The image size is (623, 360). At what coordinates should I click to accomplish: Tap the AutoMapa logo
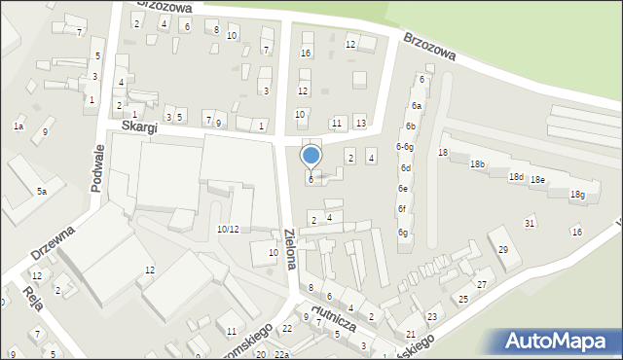(x=560, y=341)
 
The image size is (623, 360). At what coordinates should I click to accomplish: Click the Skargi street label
(x=140, y=127)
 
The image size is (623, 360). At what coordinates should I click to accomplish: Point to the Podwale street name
(x=97, y=170)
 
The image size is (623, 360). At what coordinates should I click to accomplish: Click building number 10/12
(x=228, y=230)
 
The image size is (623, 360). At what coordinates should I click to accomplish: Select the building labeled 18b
(x=477, y=164)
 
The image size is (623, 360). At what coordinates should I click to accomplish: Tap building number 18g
(x=577, y=196)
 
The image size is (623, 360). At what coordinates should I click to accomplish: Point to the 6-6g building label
(x=404, y=147)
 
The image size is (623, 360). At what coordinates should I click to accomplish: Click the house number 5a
(x=42, y=192)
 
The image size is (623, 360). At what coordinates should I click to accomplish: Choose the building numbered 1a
(x=18, y=126)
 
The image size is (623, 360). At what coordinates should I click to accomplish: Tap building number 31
(x=530, y=224)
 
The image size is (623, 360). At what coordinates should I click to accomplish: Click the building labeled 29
(x=502, y=250)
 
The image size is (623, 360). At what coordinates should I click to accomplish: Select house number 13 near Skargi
(x=360, y=123)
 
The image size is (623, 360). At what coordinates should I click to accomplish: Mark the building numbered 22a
(x=281, y=354)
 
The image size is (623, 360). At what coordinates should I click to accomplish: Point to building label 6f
(x=401, y=209)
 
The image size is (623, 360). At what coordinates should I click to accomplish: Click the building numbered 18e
(x=537, y=180)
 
